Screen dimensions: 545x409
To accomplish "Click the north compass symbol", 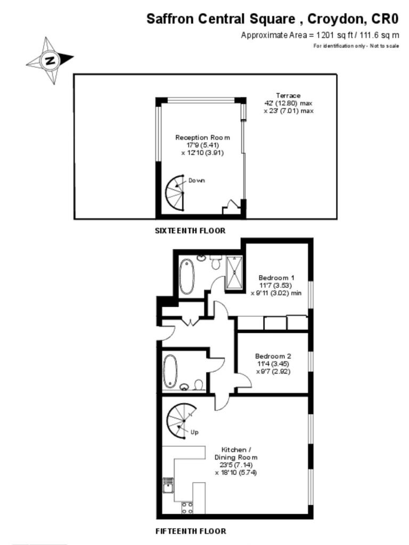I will pos(50,60).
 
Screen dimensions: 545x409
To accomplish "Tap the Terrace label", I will pos(288,96).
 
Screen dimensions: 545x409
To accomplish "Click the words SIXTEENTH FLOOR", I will pos(190,231).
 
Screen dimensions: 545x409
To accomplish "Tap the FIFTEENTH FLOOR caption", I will pos(191,531).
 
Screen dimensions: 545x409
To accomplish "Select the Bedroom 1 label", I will pos(276,278).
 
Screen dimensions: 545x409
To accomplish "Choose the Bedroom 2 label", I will pos(273,356).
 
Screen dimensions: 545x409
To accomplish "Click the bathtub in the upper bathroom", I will pos(186,276).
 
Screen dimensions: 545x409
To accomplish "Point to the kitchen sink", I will pos(168,486).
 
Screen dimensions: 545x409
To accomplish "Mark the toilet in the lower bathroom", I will pos(198,384).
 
